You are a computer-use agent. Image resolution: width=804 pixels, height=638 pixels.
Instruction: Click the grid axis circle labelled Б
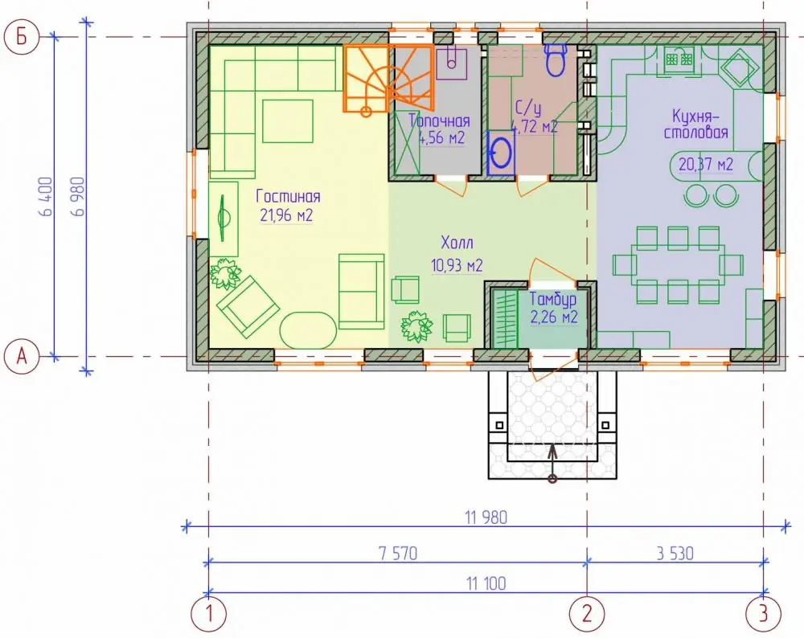21,37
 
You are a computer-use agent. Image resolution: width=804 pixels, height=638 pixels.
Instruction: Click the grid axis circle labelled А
21,356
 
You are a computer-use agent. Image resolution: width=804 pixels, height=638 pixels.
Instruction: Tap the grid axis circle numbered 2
587,613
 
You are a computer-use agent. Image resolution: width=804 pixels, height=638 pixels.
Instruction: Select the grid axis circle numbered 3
764,613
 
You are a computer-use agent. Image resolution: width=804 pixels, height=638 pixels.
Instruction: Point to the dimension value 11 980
486,517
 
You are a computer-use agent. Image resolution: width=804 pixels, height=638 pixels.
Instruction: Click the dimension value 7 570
398,554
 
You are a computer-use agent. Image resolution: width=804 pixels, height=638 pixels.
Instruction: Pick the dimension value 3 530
675,554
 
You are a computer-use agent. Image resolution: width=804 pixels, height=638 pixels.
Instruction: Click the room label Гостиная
288,196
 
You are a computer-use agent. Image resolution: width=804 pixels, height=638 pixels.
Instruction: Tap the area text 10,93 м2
457,265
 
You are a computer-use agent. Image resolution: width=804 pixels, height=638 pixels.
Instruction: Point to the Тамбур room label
553,299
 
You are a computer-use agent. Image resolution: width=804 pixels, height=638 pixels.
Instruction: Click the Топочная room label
440,121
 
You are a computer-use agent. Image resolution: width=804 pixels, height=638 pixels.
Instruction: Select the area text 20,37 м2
706,164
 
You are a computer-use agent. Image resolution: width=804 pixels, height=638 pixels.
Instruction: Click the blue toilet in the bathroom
555,59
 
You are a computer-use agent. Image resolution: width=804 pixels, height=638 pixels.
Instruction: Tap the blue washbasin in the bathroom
500,153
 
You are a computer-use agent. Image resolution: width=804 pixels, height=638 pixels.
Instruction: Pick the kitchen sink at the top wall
679,59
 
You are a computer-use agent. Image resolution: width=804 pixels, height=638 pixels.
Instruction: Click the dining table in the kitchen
678,265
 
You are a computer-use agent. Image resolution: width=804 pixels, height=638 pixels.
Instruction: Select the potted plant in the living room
224,274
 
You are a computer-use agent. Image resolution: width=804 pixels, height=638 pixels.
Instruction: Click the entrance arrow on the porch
552,464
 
